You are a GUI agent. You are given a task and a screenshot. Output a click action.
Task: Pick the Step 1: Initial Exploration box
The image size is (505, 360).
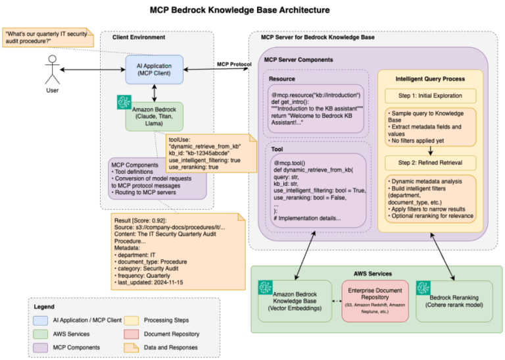tap(430, 96)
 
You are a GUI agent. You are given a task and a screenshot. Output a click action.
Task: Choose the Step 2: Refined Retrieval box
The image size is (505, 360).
tap(430, 162)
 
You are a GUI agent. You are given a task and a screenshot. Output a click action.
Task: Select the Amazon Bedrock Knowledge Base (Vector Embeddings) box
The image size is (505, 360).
tap(295, 300)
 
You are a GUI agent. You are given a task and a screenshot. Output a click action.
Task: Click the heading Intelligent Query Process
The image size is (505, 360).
tap(430, 78)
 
